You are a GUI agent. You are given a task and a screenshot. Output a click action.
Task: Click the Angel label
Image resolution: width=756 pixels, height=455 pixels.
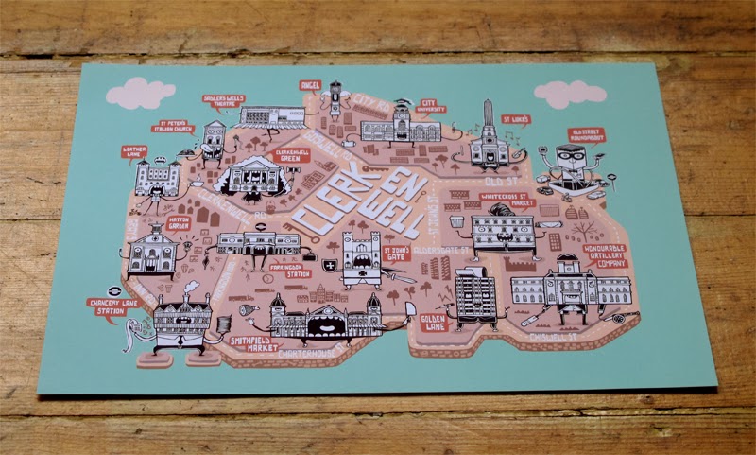click(310, 85)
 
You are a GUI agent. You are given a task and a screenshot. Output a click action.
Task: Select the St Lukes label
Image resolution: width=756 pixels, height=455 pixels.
click(517, 120)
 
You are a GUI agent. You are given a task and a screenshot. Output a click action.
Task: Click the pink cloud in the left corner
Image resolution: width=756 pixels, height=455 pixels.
click(140, 93)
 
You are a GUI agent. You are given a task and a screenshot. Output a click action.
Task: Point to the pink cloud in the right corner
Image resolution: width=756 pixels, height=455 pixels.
click(569, 94)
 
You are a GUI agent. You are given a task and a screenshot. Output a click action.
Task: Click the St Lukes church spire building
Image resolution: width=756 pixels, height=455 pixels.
click(489, 137)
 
